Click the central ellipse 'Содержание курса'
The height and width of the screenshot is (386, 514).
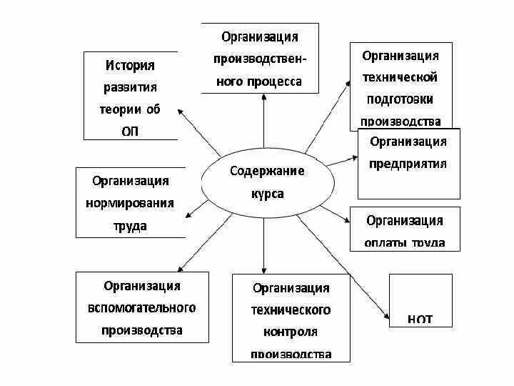coord(267,183)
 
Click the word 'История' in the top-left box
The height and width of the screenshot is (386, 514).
coord(130,65)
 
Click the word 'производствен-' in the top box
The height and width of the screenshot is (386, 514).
coord(259,59)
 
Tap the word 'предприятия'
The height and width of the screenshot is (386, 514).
coord(408,163)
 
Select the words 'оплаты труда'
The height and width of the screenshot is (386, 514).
coord(404,242)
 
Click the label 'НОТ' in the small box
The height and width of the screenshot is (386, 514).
coord(420,318)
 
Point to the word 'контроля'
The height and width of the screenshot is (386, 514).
coord(291,332)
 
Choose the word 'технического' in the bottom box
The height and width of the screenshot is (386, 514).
coord(291,310)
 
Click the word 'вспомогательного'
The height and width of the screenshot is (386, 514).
coord(142,308)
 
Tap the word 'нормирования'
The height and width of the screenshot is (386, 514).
coord(129,203)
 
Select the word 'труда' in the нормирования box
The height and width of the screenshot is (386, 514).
coord(129,226)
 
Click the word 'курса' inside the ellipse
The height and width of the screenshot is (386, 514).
coord(267,194)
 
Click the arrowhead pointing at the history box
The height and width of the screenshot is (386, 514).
coord(180,110)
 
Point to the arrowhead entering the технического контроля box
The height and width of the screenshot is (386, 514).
coord(264,269)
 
